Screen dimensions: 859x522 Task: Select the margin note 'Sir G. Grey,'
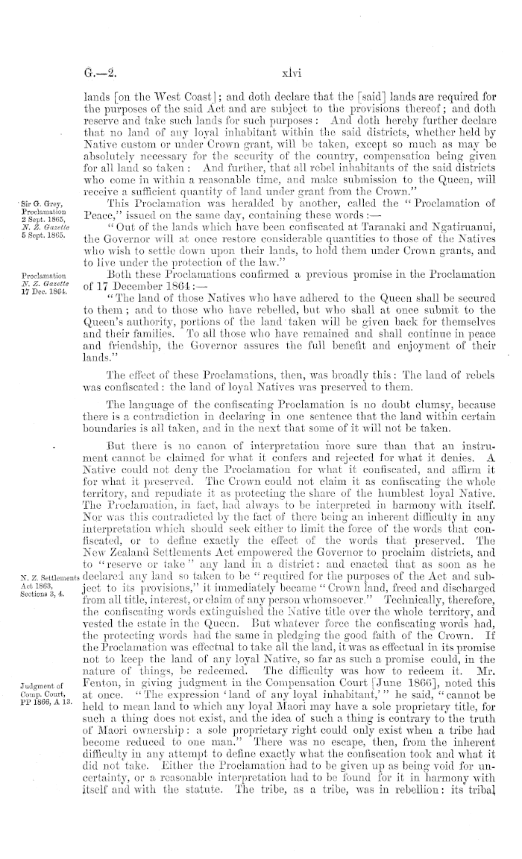point(27,202)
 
